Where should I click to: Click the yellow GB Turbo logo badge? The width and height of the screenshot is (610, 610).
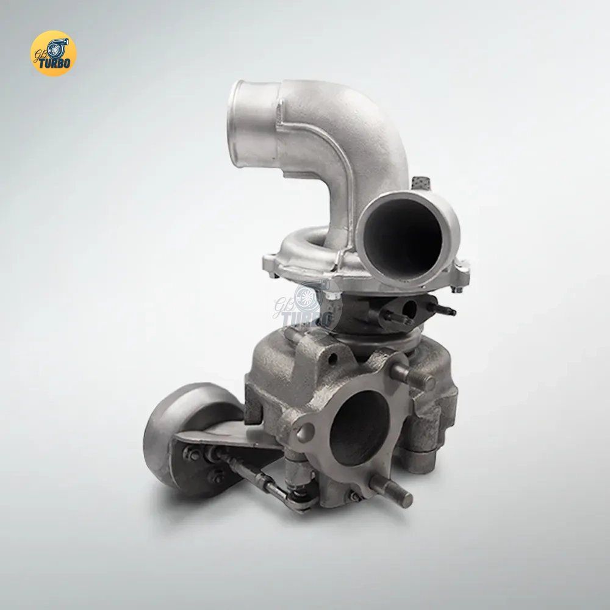pos(53,53)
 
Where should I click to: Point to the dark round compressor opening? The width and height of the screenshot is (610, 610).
pos(402,239)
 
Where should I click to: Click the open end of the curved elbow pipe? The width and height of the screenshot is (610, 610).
pos(237,124)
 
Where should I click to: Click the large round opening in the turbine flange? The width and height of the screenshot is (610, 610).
pos(359,428)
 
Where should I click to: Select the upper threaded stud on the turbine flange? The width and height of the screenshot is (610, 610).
pos(412,376)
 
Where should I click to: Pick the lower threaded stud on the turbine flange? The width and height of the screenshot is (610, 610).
pos(390,491)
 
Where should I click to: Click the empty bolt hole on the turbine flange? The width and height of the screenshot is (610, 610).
pos(306,432)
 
